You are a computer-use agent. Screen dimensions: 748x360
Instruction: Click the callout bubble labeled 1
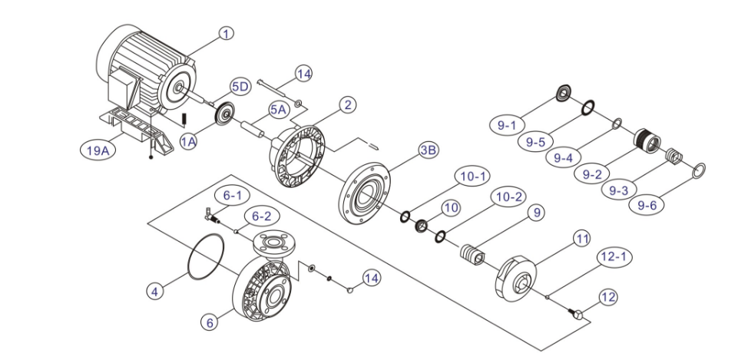(227, 33)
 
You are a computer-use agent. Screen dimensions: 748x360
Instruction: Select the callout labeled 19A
(98, 150)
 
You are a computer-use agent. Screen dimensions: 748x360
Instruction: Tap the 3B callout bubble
(428, 150)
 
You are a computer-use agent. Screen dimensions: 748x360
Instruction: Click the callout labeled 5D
(240, 87)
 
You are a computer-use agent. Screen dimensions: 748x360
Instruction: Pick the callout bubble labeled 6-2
(261, 216)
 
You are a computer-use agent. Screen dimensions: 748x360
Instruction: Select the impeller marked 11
(516, 279)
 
